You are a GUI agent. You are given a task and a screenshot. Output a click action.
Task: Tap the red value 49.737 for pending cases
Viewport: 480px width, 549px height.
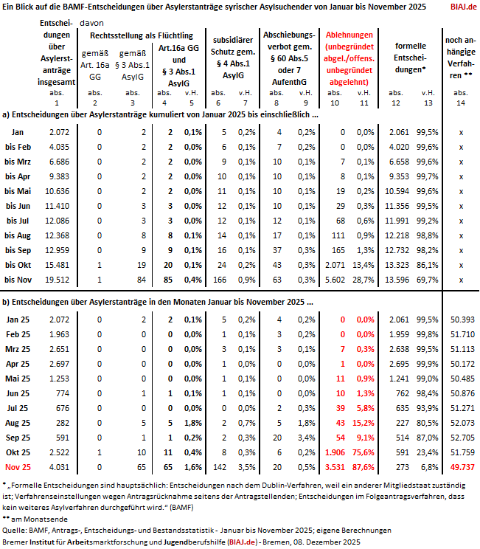[x=461, y=466]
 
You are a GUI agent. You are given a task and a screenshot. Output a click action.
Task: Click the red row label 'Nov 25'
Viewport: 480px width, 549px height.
[x=18, y=466]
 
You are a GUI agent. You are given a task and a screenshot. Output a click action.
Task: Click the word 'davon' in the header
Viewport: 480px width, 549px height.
[x=105, y=22]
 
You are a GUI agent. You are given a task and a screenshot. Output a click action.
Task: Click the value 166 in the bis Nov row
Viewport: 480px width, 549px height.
[x=219, y=280]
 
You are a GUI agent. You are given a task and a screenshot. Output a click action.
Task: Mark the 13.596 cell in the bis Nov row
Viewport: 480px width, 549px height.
[x=399, y=280]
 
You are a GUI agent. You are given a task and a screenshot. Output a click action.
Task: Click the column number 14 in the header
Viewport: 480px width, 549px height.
[x=461, y=101]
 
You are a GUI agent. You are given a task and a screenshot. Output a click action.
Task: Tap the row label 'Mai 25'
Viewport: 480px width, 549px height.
[x=18, y=378]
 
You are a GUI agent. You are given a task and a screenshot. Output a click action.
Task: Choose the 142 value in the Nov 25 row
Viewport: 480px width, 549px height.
[x=219, y=466]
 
